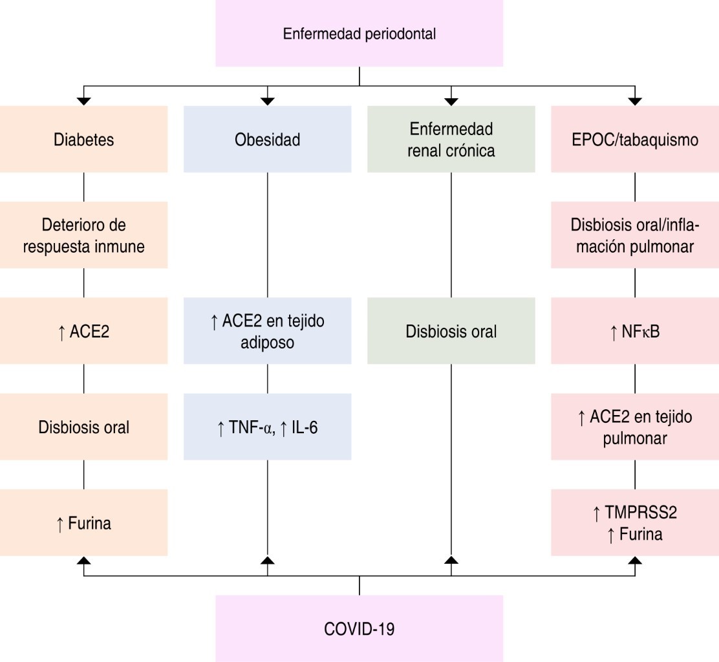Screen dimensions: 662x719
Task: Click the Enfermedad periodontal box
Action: coord(359,34)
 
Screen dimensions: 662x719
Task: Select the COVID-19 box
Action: coord(359,628)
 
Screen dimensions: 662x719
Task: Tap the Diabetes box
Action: coord(84,139)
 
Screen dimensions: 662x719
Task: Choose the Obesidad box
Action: coord(267,139)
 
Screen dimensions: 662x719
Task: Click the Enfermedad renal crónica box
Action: coord(451,139)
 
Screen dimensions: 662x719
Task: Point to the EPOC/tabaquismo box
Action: coord(634,139)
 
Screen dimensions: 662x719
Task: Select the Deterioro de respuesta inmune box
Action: coord(84,235)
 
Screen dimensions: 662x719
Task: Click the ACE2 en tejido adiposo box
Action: coord(267,330)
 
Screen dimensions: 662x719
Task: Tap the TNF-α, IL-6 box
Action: coord(267,427)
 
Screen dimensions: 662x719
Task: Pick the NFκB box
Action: coord(634,330)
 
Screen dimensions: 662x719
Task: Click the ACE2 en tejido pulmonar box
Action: coord(634,427)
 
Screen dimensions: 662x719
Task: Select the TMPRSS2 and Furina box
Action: coord(634,522)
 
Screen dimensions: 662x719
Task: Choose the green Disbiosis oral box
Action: coord(451,330)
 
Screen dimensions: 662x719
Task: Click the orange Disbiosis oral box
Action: coord(84,427)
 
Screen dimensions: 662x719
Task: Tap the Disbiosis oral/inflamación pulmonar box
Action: coord(634,235)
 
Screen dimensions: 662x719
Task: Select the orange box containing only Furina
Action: coord(84,522)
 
